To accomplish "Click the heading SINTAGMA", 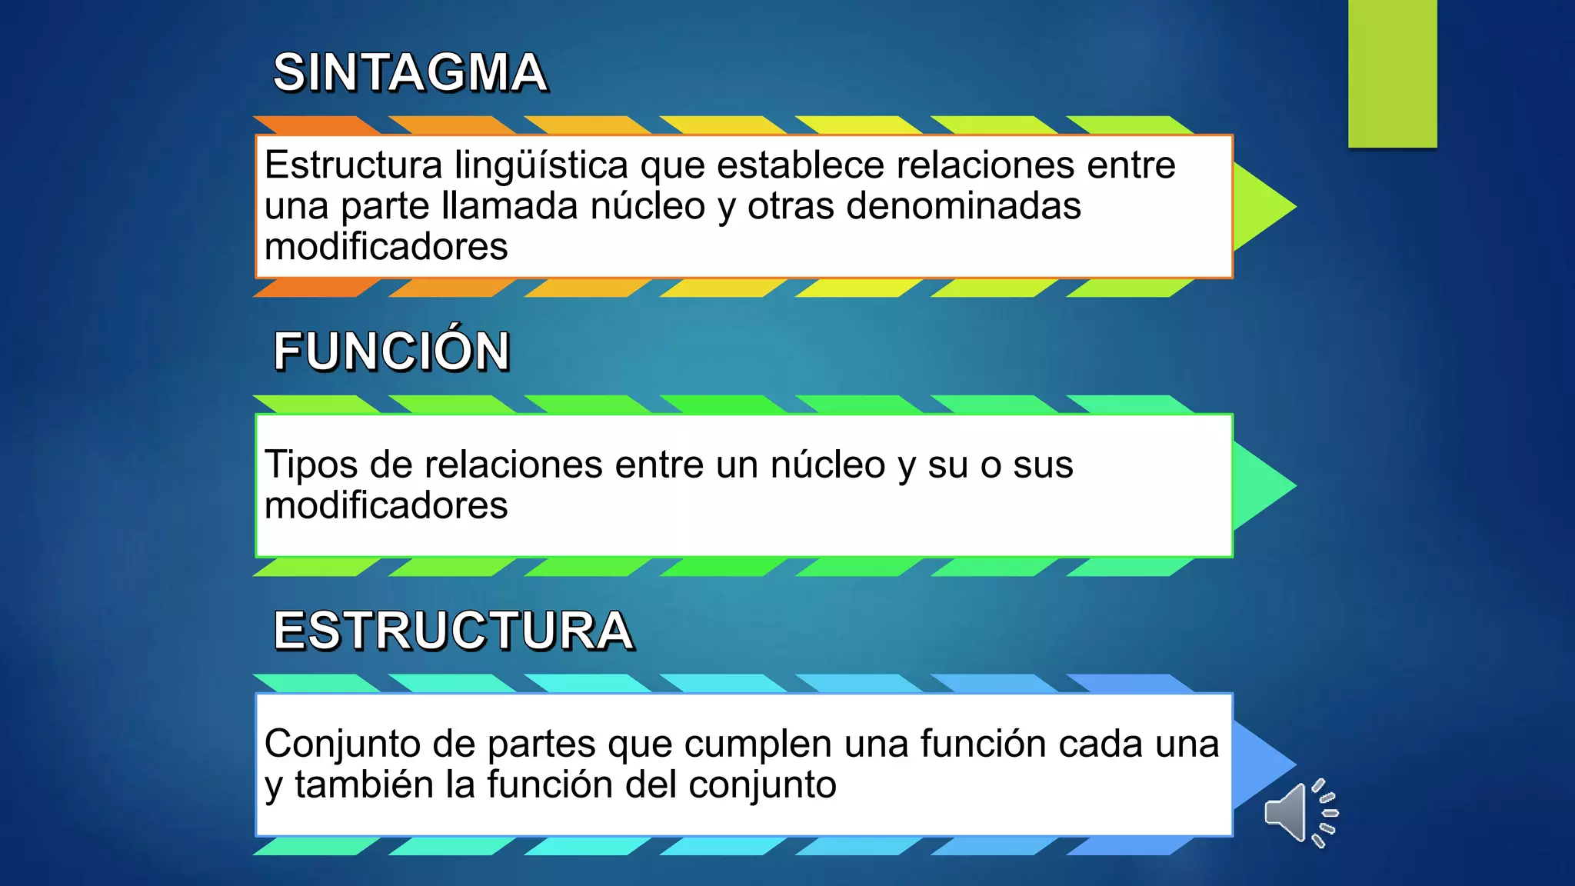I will coord(410,73).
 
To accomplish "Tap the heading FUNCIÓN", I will coord(391,351).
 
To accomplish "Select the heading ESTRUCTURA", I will coord(454,631).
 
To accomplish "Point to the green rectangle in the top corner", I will coord(1392,73).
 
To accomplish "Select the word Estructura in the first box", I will coord(354,165).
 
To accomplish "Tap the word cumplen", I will coord(758,744).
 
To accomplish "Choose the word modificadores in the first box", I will coord(386,247).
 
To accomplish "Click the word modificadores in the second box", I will coord(386,505).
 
